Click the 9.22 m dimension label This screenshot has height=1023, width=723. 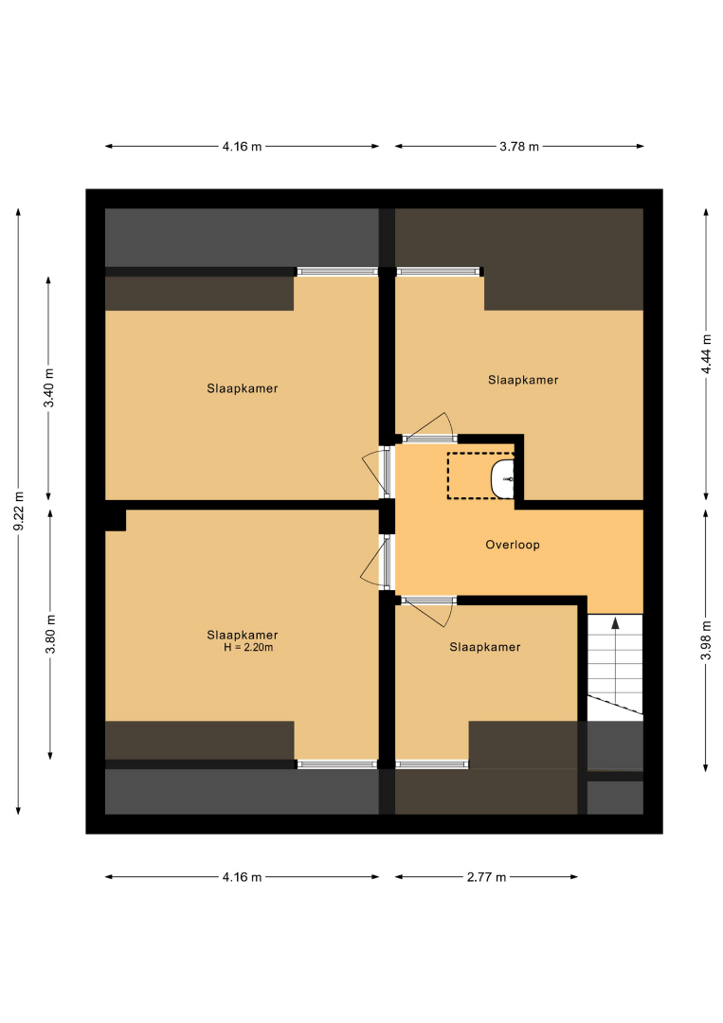pyautogui.click(x=19, y=511)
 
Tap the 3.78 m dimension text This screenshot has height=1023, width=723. pyautogui.click(x=519, y=147)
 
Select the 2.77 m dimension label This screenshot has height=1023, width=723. pyautogui.click(x=486, y=877)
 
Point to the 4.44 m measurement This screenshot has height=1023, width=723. pyautogui.click(x=706, y=354)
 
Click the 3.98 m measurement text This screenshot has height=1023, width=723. pyautogui.click(x=706, y=640)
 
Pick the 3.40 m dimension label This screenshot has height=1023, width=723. pyautogui.click(x=49, y=387)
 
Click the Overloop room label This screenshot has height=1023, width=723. pyautogui.click(x=513, y=545)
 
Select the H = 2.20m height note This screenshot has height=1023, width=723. pyautogui.click(x=248, y=648)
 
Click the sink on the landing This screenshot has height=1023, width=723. pyautogui.click(x=502, y=478)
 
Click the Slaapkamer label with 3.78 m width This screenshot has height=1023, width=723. pyautogui.click(x=523, y=381)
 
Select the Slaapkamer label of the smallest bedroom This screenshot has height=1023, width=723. pyautogui.click(x=485, y=647)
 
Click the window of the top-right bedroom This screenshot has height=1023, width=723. pyautogui.click(x=439, y=272)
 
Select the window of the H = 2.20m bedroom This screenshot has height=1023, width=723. pyautogui.click(x=336, y=764)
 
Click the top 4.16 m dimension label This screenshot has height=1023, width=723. pyautogui.click(x=242, y=147)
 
